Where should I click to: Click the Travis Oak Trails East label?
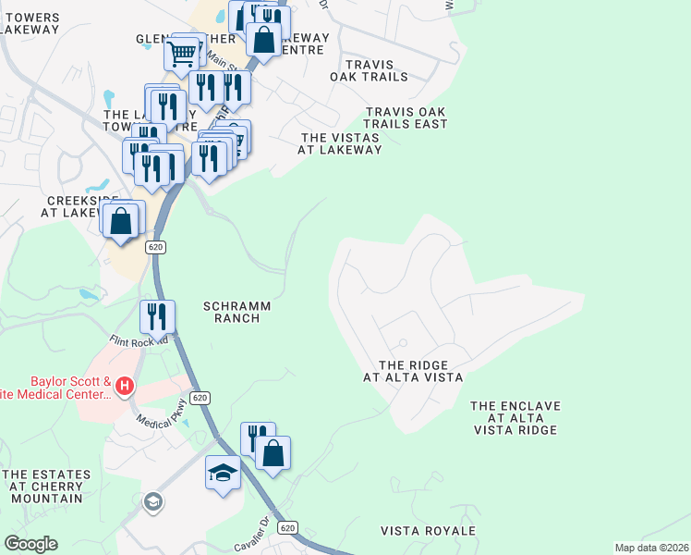click(x=406, y=117)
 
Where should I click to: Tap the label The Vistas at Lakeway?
click(x=340, y=143)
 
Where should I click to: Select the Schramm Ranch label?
click(x=232, y=312)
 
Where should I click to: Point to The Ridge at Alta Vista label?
click(x=412, y=371)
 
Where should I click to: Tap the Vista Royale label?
click(x=428, y=531)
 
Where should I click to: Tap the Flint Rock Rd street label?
click(x=139, y=340)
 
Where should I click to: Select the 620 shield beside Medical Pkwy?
click(x=201, y=398)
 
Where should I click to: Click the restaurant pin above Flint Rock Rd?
click(x=157, y=316)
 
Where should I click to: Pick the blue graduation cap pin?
click(x=222, y=474)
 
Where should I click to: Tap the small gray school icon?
click(x=152, y=501)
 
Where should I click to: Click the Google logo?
click(x=30, y=544)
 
